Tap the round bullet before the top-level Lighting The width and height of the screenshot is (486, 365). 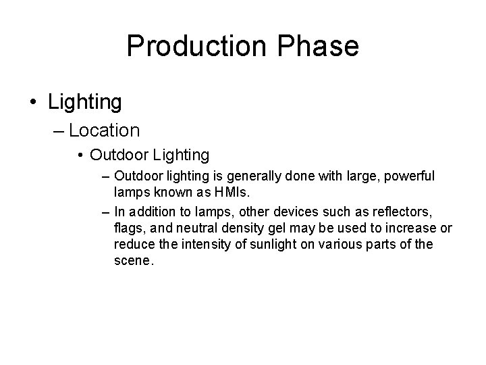pyautogui.click(x=34, y=103)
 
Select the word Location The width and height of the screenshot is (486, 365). pyautogui.click(x=104, y=130)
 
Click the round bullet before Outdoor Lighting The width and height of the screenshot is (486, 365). pyautogui.click(x=80, y=155)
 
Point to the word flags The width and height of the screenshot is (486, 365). pyautogui.click(x=130, y=228)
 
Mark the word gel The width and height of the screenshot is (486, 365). pyautogui.click(x=283, y=228)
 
